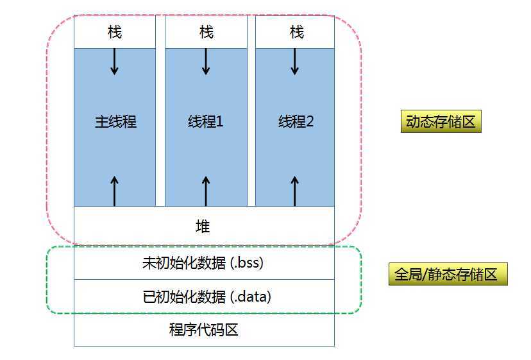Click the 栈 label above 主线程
[115, 31]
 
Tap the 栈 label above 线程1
[206, 31]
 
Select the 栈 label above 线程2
[296, 31]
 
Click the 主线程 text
[116, 121]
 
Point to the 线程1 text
[206, 121]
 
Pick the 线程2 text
[296, 121]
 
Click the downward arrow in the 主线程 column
[115, 62]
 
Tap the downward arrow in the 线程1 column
[206, 62]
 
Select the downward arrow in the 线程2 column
[295, 62]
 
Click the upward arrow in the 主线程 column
[115, 191]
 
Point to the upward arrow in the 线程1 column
[206, 191]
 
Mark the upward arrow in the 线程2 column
[295, 191]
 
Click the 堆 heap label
[203, 226]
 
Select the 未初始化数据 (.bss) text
[203, 262]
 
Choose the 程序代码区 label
[203, 330]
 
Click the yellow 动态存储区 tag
[441, 122]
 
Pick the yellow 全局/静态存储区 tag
[448, 275]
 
